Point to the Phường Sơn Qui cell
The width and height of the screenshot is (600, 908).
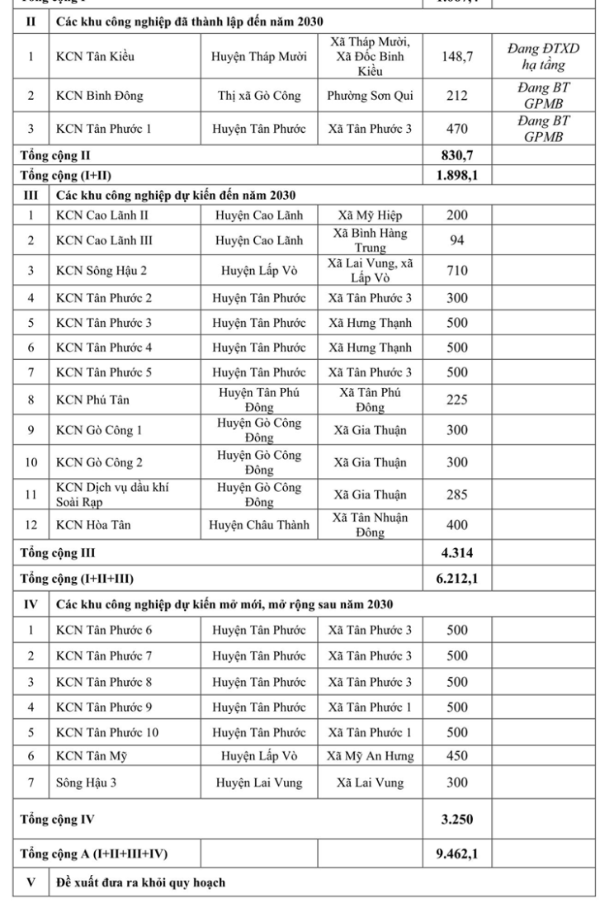point(369,96)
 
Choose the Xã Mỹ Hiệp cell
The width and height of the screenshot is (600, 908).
point(369,215)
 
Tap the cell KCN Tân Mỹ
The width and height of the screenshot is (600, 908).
point(88,755)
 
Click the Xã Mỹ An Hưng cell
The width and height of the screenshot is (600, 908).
point(369,755)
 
